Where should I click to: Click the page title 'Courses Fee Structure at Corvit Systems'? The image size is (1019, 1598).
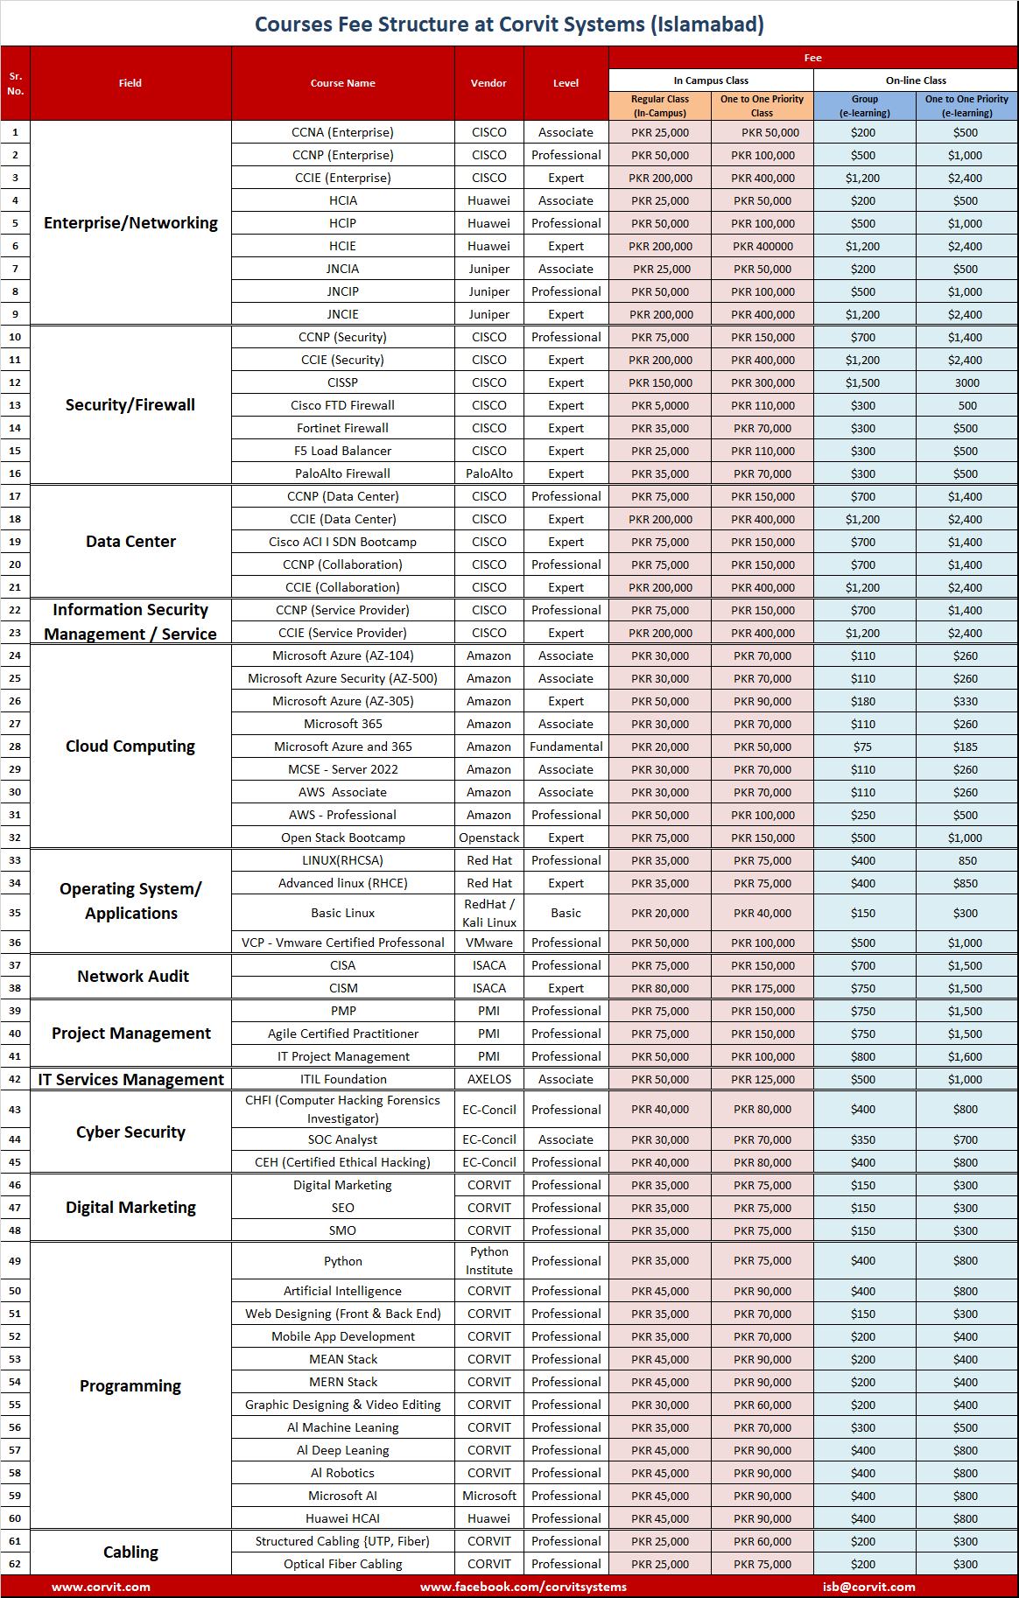pos(509,25)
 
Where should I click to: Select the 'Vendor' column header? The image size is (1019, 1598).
pos(488,83)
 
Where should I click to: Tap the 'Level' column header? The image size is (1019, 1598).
pos(566,83)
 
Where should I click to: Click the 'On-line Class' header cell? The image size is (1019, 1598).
pos(916,81)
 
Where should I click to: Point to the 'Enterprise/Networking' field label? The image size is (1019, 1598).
pos(130,223)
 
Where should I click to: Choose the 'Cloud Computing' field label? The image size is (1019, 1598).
pos(130,746)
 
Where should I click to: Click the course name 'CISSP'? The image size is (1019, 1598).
pos(342,382)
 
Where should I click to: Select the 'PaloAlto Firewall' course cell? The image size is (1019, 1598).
pos(342,473)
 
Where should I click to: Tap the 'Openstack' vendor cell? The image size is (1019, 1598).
pos(488,838)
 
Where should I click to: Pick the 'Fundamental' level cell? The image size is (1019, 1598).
pos(566,746)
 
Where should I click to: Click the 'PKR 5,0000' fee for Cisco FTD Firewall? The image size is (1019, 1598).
pos(660,405)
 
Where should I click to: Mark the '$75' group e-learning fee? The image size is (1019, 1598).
pos(863,746)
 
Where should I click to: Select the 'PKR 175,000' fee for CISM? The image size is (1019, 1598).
pos(762,988)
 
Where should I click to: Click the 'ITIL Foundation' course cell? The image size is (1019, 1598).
pos(342,1079)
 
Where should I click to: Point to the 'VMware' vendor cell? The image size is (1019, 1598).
pos(488,943)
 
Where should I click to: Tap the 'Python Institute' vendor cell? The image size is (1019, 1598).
pos(488,1261)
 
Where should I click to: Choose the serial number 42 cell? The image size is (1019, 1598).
pos(15,1079)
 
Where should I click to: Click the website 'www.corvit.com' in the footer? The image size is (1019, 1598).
pos(101,1587)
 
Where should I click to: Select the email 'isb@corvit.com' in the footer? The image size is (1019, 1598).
pos(868,1587)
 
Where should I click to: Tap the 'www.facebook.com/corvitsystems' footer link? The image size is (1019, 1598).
pos(524,1587)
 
